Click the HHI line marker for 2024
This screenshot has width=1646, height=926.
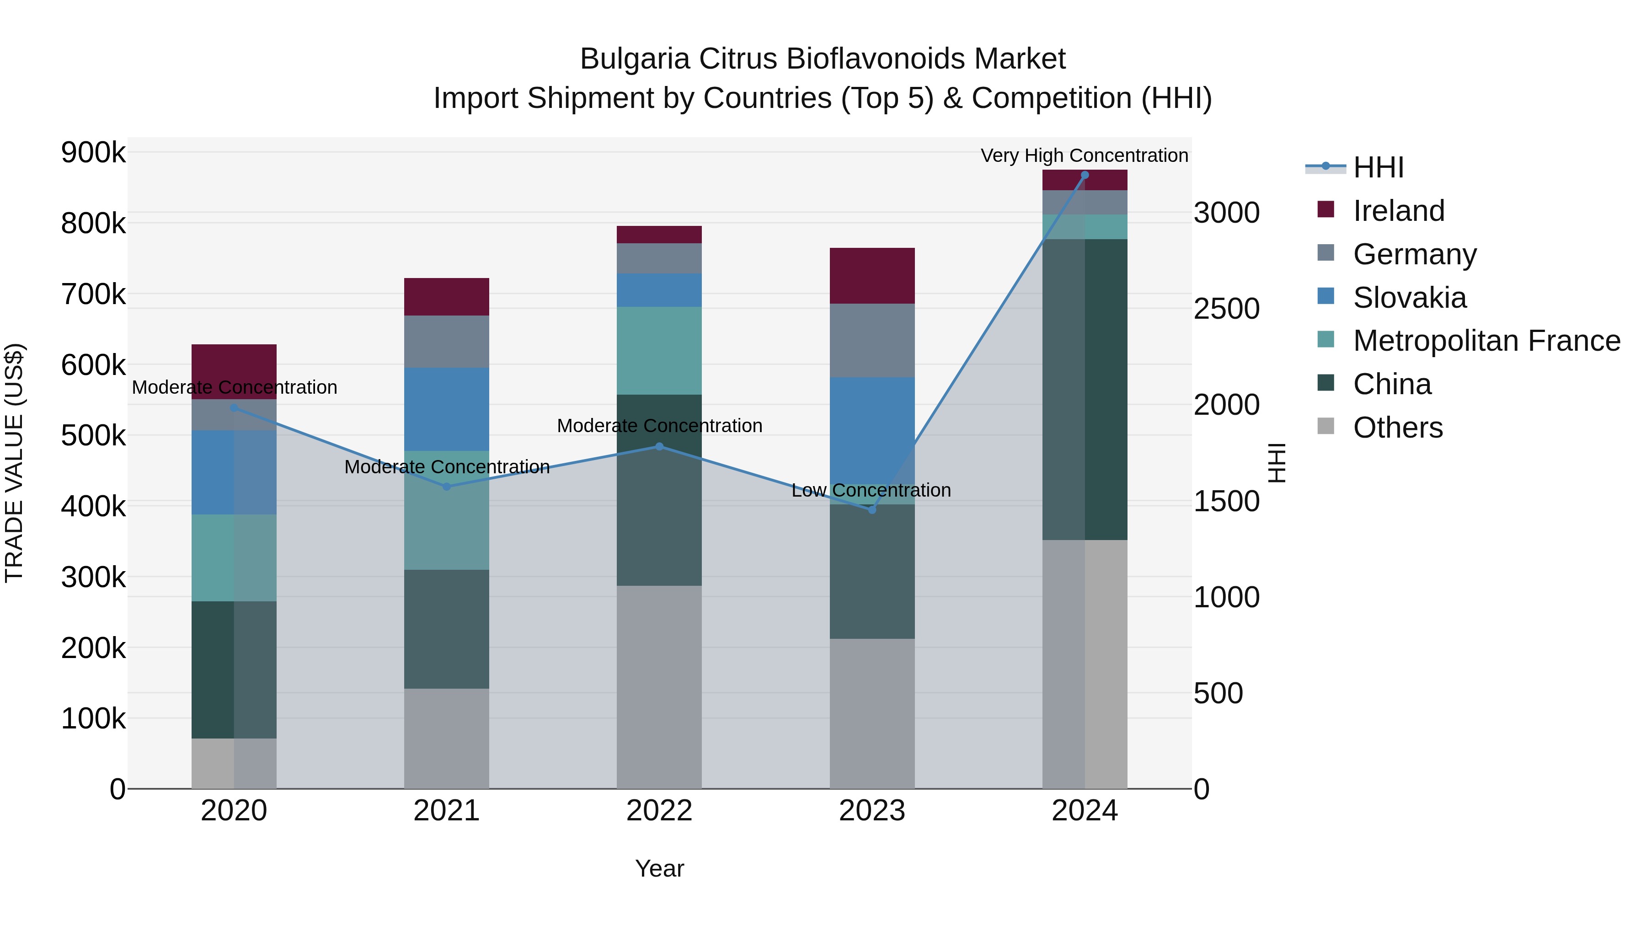click(x=1085, y=175)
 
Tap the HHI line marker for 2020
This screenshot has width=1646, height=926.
click(x=234, y=408)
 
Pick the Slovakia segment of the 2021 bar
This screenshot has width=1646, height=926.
click(x=447, y=409)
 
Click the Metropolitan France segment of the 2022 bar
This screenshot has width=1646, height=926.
click(x=659, y=350)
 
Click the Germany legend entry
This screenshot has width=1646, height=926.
click(x=1415, y=254)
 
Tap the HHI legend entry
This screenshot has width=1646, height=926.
click(x=1378, y=167)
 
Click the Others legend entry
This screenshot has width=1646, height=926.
click(x=1397, y=428)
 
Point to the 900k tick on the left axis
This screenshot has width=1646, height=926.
click(x=93, y=153)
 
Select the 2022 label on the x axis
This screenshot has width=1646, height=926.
click(x=659, y=811)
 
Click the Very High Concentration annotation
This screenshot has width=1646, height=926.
click(x=1085, y=155)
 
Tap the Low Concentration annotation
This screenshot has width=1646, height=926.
click(x=871, y=490)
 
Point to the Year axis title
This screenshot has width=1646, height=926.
click(x=659, y=868)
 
